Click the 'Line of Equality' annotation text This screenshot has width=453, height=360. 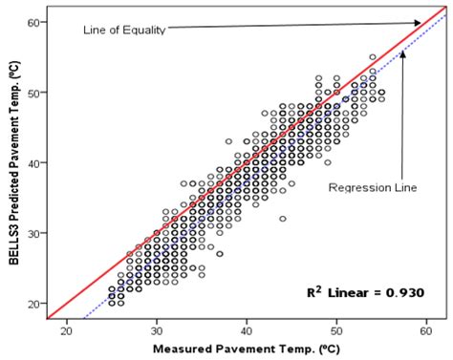tap(124, 31)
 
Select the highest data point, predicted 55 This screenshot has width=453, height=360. tap(373, 57)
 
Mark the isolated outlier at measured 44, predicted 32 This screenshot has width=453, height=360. tap(283, 219)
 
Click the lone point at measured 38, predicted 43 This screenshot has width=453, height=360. tap(228, 141)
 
